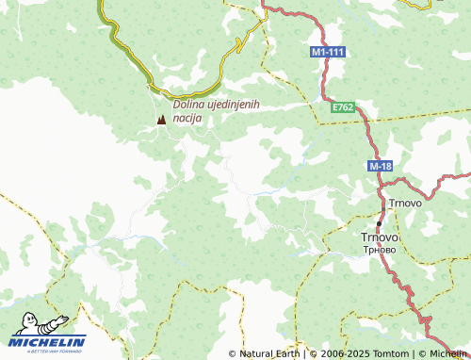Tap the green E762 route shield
[x=343, y=109]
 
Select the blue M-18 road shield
[x=381, y=167]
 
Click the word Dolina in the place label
[x=191, y=105]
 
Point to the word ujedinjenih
[x=236, y=105]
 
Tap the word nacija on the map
[x=187, y=119]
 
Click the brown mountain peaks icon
[x=161, y=120]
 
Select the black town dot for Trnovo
[x=380, y=223]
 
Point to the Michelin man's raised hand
[x=65, y=318]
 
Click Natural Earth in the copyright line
[x=269, y=353]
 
